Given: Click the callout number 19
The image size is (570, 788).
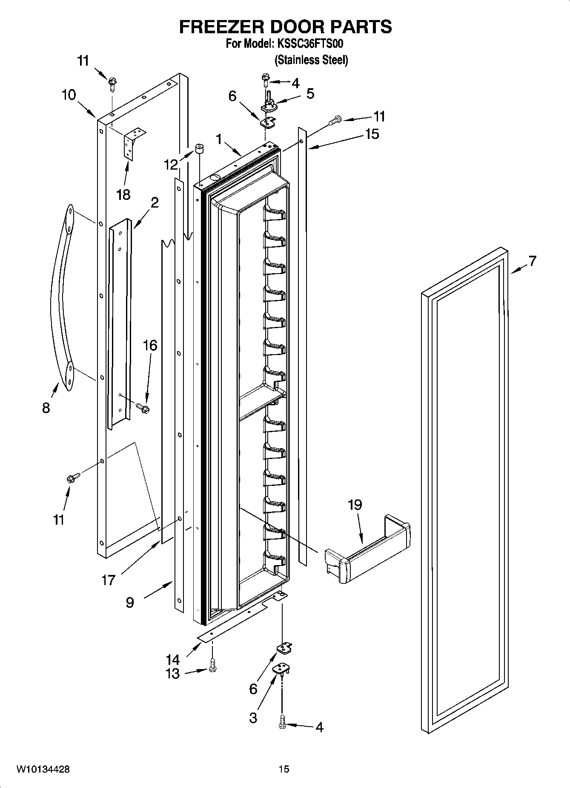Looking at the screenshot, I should coord(355,505).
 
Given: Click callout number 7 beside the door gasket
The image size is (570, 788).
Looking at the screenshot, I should coord(532,261).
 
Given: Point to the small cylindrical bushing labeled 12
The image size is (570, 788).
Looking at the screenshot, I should coord(199,150).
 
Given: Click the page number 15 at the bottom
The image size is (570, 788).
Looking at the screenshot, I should coord(284,770).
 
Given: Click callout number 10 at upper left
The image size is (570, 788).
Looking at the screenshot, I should coord(69,95).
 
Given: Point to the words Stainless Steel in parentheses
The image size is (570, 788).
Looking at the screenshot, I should coord(312,60).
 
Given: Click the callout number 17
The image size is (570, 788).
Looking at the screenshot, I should coord(108,580).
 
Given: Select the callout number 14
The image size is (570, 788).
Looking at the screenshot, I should coord(172,660).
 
